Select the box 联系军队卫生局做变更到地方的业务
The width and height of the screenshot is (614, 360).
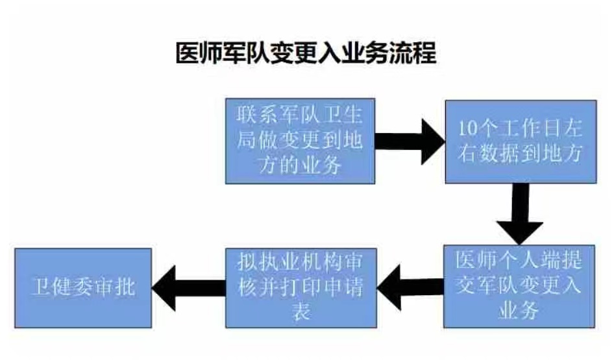[x=300, y=141]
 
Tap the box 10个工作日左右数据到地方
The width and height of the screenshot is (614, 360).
[x=521, y=141]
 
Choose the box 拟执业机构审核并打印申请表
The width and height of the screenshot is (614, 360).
[x=300, y=287]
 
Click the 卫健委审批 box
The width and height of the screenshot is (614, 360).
[x=82, y=287]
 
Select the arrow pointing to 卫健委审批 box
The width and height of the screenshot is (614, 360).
[x=188, y=287]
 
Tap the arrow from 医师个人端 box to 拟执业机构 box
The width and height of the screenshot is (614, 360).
[x=409, y=287]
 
